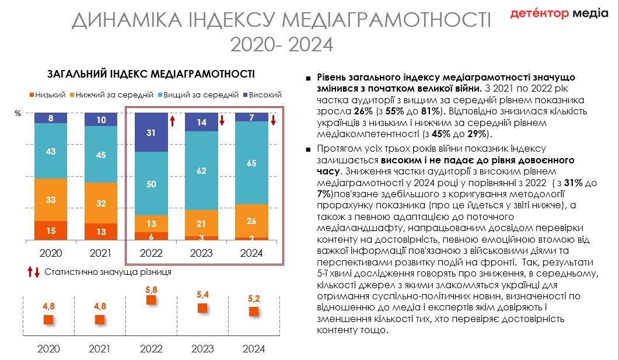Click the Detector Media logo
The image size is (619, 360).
(x=559, y=13)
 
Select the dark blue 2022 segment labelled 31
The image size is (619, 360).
(x=152, y=132)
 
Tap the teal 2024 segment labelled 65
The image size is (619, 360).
(x=252, y=163)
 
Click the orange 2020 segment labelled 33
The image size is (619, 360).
(x=51, y=200)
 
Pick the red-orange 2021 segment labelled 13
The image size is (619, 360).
(x=100, y=232)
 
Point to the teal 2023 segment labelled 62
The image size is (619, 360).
(x=202, y=171)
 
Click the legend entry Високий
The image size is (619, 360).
(x=262, y=95)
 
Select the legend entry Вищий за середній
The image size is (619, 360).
(x=198, y=95)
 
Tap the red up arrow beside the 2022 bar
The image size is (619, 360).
(x=172, y=121)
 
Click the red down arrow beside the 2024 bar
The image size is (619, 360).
(x=273, y=121)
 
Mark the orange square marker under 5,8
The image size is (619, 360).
(x=151, y=300)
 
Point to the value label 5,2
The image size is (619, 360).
(x=254, y=299)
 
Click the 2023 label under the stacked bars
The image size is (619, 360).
(x=202, y=253)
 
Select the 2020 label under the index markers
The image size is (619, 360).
(x=49, y=349)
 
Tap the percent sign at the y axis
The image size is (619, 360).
(x=18, y=114)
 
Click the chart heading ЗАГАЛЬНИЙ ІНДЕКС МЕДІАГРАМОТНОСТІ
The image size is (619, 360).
(x=151, y=74)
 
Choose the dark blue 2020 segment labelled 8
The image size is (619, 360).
(x=51, y=118)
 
